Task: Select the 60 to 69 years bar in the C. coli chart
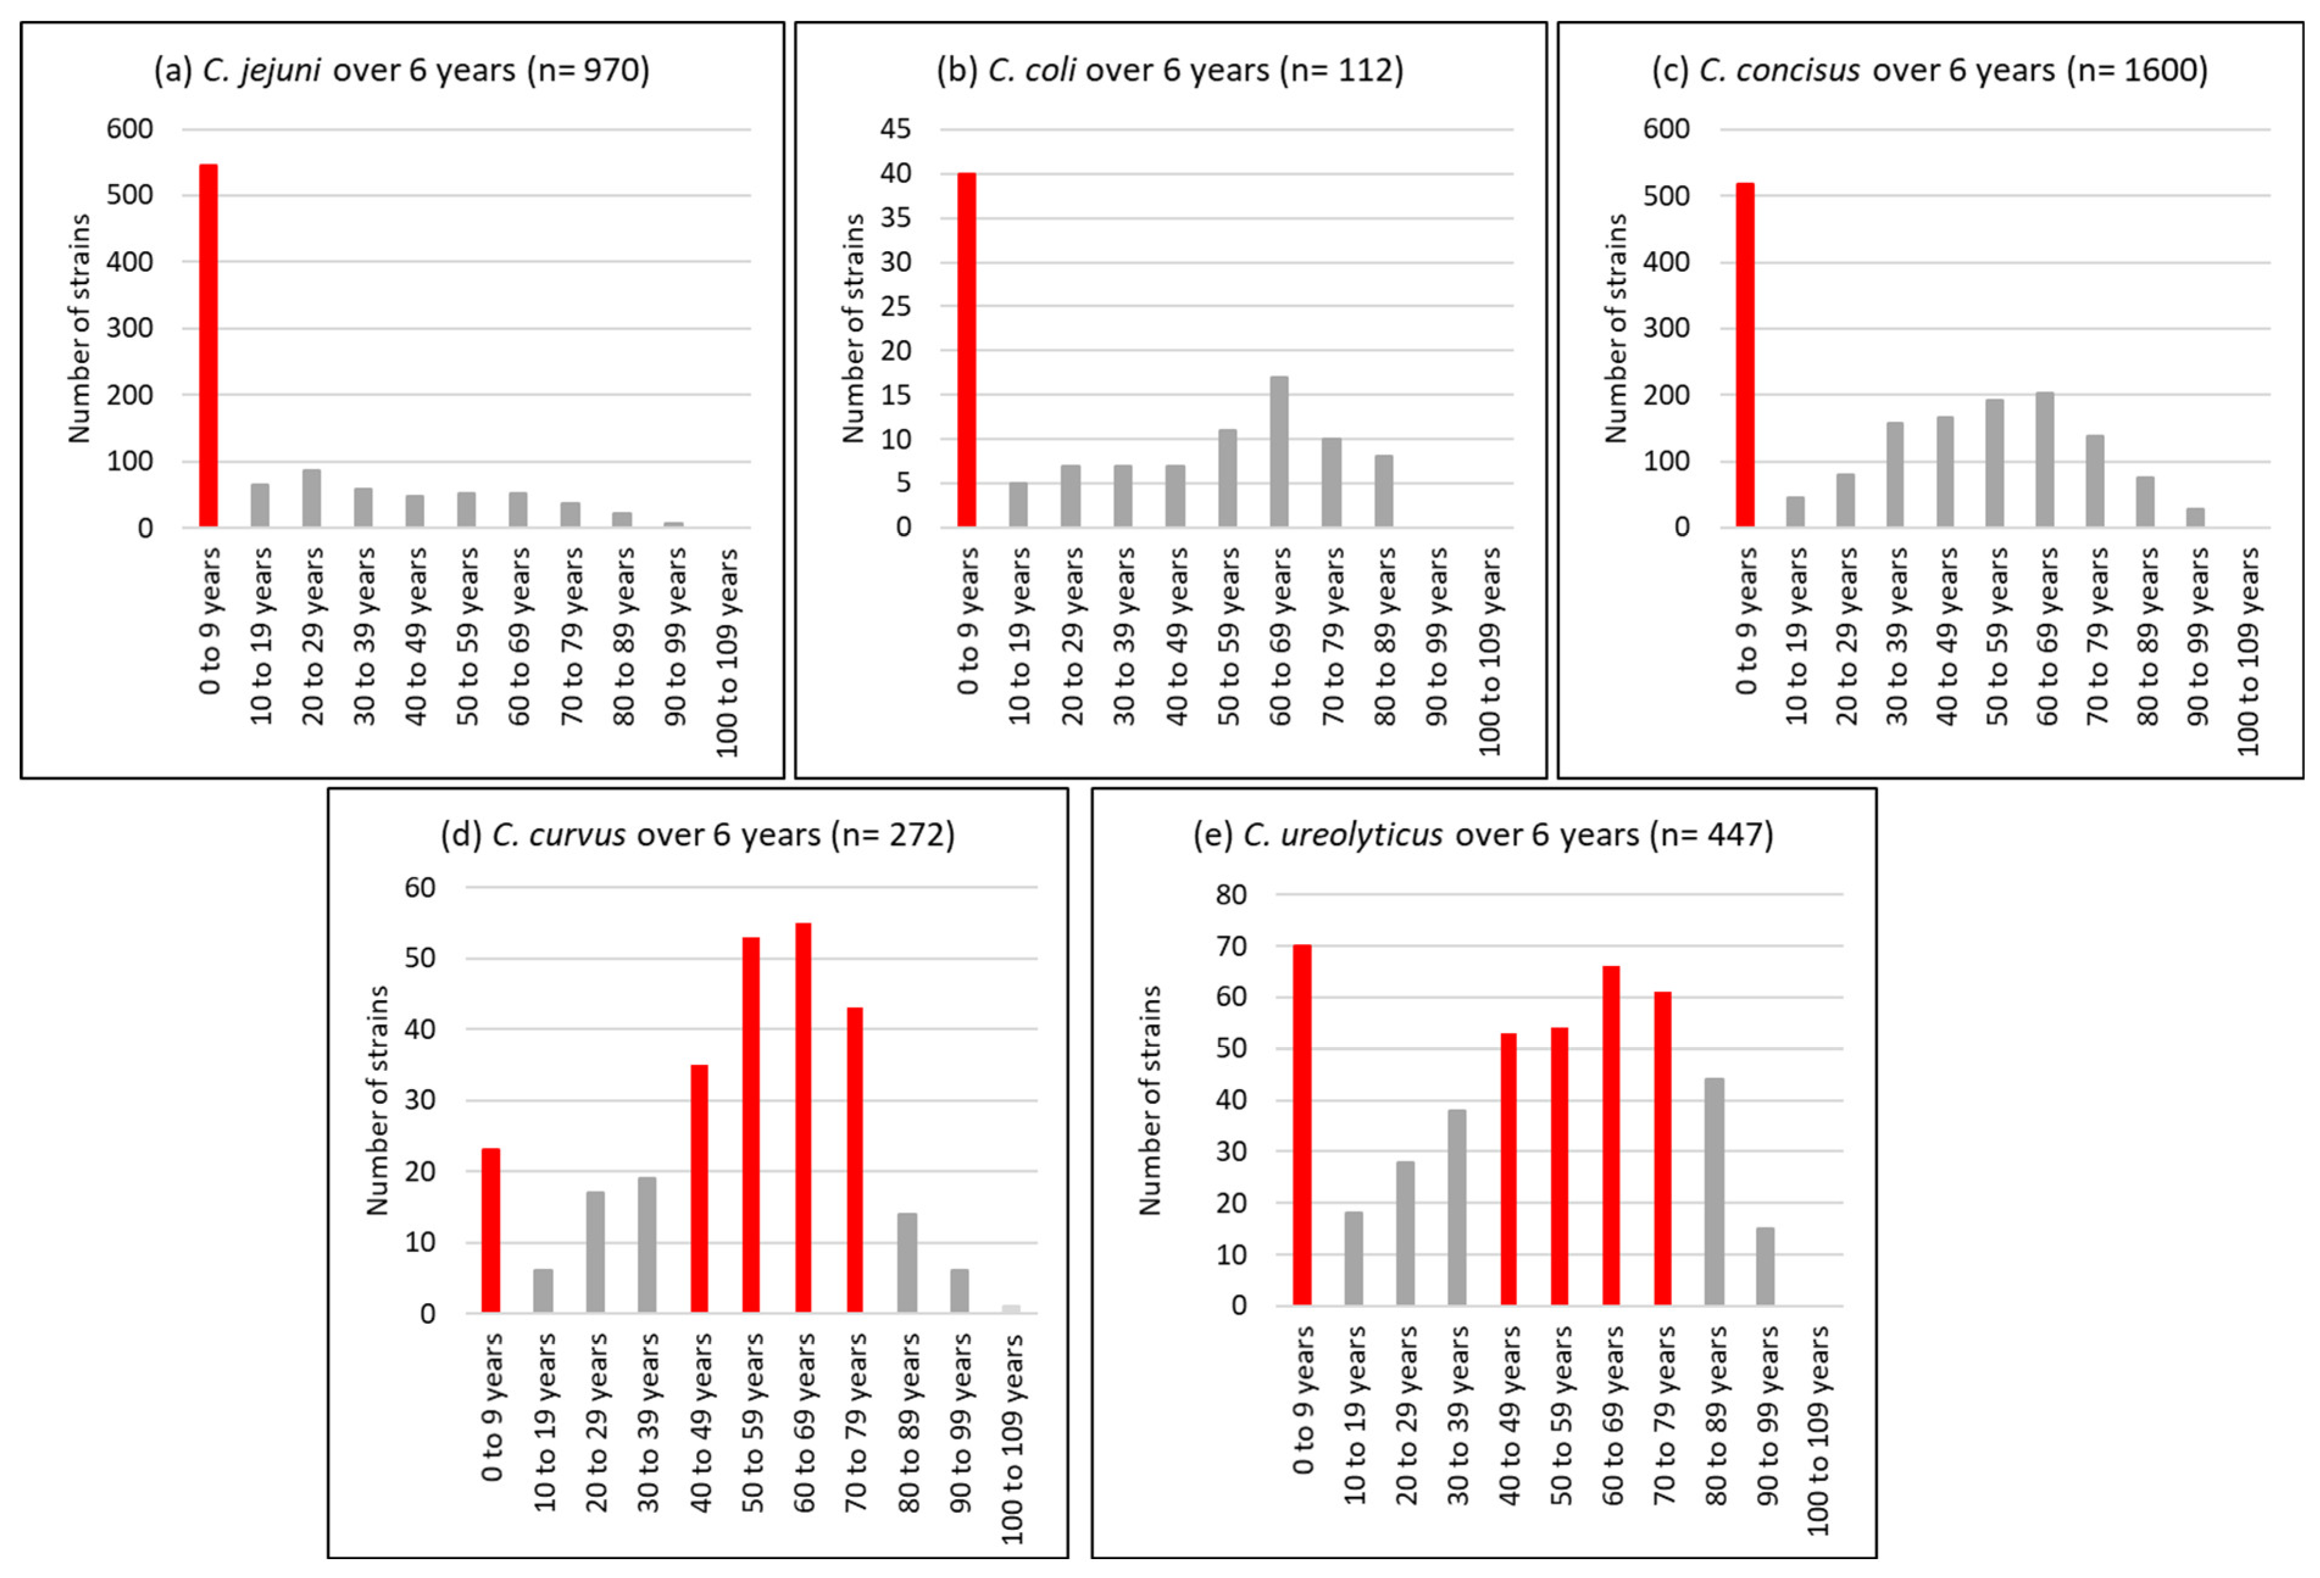coord(1279,451)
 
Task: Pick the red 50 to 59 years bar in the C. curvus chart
coord(751,1125)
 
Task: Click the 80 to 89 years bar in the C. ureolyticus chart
coord(1714,1191)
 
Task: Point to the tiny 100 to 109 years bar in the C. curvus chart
coord(1010,1309)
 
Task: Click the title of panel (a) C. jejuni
coord(401,71)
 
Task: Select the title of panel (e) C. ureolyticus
coord(1484,834)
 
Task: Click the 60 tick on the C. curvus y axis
coord(419,887)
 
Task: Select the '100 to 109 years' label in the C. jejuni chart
coord(728,651)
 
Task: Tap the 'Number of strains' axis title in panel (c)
coord(1615,329)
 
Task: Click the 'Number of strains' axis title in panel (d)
coord(376,1100)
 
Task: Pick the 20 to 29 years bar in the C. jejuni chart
coord(311,498)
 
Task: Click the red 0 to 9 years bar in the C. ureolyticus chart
coord(1302,1125)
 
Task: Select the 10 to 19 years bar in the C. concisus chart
coord(1795,511)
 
